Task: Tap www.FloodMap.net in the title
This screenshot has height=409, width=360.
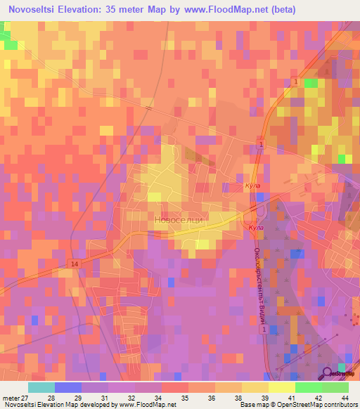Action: (213, 9)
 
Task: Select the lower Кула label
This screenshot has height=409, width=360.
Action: (256, 229)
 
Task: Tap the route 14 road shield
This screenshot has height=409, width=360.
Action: (74, 264)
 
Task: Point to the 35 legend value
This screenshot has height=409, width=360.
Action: (184, 398)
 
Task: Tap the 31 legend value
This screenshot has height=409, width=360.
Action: (103, 398)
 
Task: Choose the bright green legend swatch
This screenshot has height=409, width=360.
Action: (308, 387)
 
